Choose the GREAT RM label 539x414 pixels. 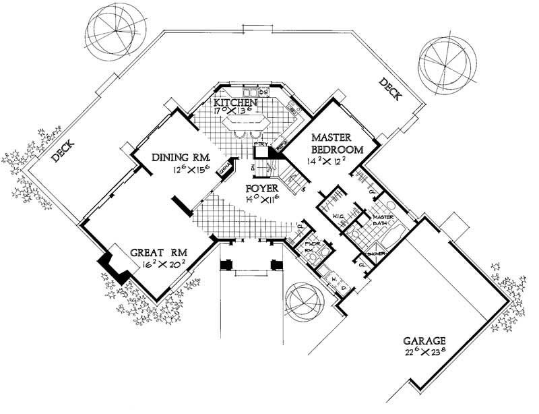coord(154,253)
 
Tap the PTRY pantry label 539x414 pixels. coord(260,144)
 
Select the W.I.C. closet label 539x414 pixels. coord(340,216)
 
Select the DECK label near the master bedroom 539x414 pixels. coord(389,91)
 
